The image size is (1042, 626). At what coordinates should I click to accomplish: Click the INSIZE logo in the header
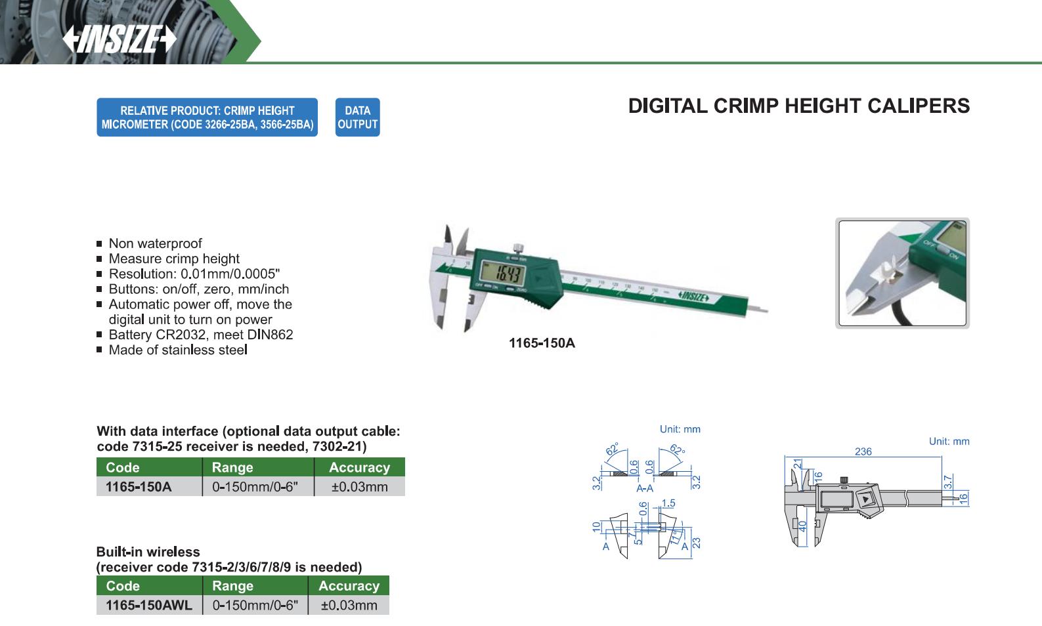coord(119,39)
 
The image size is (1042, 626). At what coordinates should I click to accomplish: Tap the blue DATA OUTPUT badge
coord(357,117)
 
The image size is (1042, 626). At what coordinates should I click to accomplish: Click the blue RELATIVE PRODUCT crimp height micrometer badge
coord(207,117)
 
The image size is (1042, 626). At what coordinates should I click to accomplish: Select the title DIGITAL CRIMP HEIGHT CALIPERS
coord(798,106)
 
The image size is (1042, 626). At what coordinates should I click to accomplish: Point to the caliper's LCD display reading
coord(502,273)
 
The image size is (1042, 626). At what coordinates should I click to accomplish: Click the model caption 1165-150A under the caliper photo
coord(542,343)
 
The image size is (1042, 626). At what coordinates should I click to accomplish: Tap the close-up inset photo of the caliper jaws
coord(902,273)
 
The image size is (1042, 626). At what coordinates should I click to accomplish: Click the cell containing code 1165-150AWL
coord(149,605)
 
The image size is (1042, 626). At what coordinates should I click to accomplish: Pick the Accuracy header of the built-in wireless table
coord(349,585)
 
